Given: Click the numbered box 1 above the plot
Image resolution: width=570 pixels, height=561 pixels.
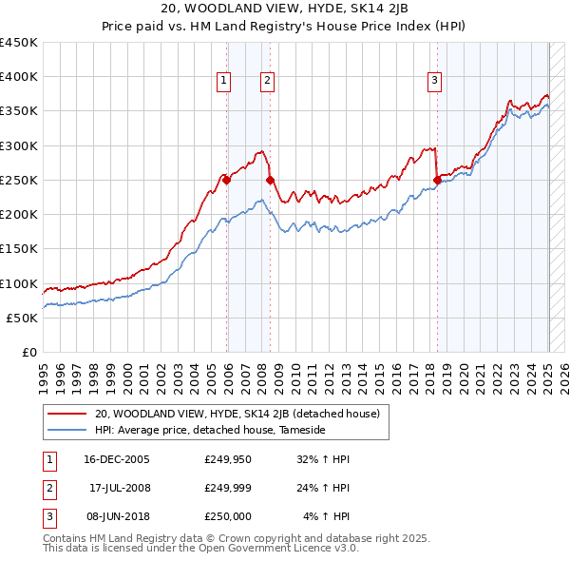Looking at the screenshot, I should click(x=223, y=82).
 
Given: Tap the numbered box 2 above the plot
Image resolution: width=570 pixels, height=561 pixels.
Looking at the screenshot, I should click(x=268, y=82).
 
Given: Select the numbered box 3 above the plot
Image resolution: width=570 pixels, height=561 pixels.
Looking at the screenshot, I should click(x=434, y=82).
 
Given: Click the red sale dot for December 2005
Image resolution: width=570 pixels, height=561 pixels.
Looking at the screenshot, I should click(x=227, y=180).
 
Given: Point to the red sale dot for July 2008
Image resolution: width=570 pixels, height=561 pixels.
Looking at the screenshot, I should click(x=271, y=180).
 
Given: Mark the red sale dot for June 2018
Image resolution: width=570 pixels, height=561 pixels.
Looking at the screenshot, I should click(x=437, y=180).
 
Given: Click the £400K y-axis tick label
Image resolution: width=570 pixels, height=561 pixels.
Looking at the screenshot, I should click(x=19, y=77).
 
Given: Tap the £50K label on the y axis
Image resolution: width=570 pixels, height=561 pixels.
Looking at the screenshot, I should click(x=23, y=318).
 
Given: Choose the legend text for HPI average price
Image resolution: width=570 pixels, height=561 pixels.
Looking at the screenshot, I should click(x=210, y=431).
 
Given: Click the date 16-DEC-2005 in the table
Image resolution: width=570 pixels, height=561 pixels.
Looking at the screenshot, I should click(x=117, y=459).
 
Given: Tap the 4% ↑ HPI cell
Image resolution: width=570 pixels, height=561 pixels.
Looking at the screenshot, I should click(x=326, y=516).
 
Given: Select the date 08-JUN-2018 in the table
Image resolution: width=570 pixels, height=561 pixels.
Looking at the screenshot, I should click(x=117, y=516).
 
